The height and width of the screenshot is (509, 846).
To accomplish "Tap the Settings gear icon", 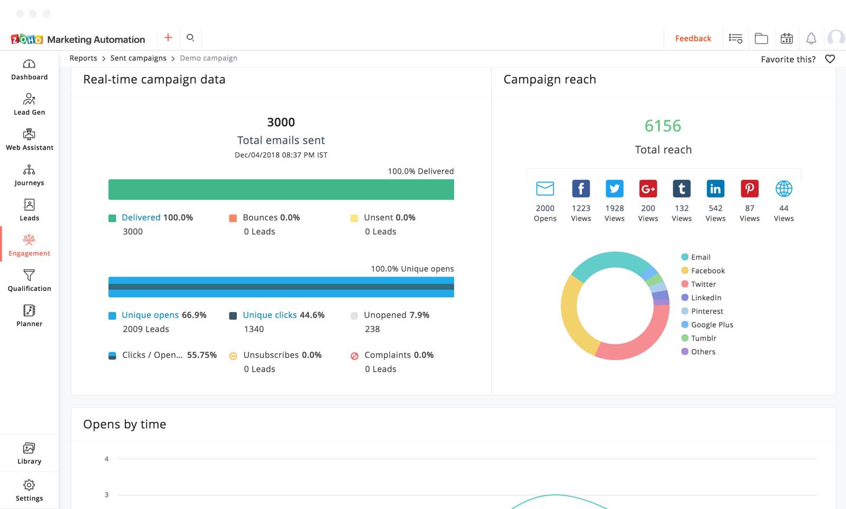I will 29,485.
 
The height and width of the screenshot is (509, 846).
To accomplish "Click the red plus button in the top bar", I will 168,37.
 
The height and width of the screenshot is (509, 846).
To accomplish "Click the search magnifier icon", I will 190,37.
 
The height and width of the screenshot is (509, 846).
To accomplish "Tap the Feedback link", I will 693,39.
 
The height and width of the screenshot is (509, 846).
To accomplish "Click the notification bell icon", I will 811,39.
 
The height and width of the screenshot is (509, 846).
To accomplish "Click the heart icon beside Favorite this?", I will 830,59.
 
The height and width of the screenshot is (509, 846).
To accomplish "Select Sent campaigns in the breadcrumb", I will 138,58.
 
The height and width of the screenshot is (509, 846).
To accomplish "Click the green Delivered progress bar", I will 281,190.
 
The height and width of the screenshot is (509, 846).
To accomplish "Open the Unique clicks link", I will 270,315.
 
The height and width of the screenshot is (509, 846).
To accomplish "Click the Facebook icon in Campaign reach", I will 581,188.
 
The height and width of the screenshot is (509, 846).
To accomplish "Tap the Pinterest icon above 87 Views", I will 749,188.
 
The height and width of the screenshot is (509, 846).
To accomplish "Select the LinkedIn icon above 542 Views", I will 715,188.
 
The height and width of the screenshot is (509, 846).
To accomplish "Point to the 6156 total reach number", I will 663,126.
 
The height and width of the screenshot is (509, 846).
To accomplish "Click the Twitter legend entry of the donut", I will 703,284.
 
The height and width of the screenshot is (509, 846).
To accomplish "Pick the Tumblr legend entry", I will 703,338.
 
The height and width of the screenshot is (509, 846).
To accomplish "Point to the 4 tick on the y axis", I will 106,459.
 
